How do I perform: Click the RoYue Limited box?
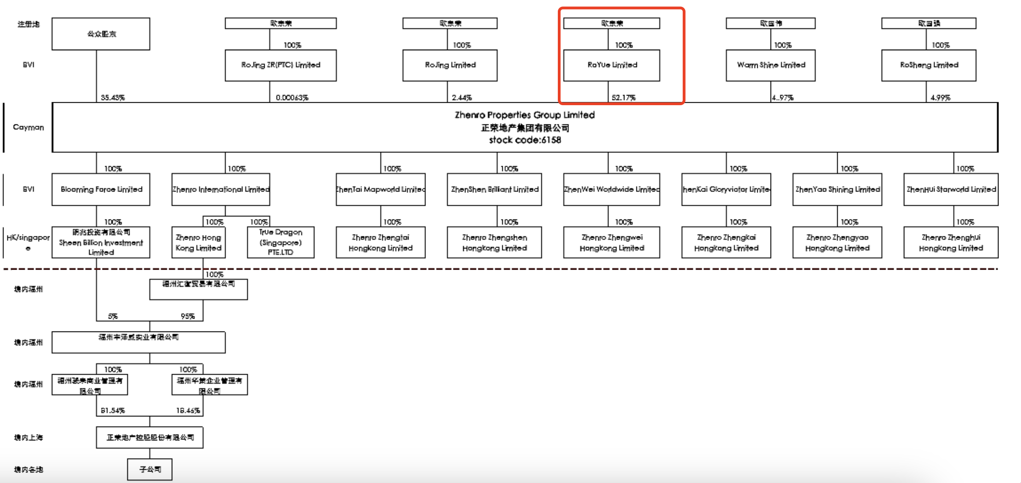tap(612, 65)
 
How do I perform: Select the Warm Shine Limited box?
tap(771, 65)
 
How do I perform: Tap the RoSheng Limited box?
tap(929, 65)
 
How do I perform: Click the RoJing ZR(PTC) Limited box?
tap(281, 65)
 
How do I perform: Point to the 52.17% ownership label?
tap(624, 97)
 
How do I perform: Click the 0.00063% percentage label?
tap(292, 97)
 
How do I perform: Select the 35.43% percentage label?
tap(113, 97)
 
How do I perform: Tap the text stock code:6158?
tap(525, 140)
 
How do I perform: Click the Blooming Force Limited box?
tap(101, 189)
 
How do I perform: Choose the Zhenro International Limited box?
tap(221, 189)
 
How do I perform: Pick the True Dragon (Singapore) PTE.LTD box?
tap(281, 242)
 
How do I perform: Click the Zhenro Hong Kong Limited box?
tap(199, 242)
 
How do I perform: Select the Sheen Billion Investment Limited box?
tap(101, 242)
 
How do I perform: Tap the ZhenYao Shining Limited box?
tap(837, 189)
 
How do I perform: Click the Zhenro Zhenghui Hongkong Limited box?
tap(951, 242)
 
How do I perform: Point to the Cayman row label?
tap(28, 127)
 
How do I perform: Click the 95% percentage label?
tap(187, 316)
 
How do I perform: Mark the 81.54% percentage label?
tap(113, 410)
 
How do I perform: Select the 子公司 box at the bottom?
tap(150, 469)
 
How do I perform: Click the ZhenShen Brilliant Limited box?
tap(494, 189)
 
